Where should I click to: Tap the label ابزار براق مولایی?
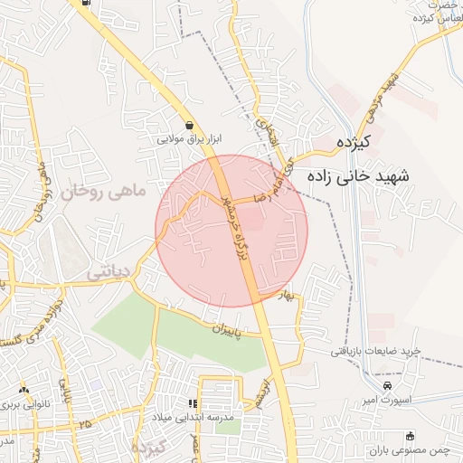click(x=190, y=139)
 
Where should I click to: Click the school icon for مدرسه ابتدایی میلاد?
click(x=192, y=403)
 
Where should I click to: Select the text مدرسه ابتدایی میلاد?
click(x=193, y=417)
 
